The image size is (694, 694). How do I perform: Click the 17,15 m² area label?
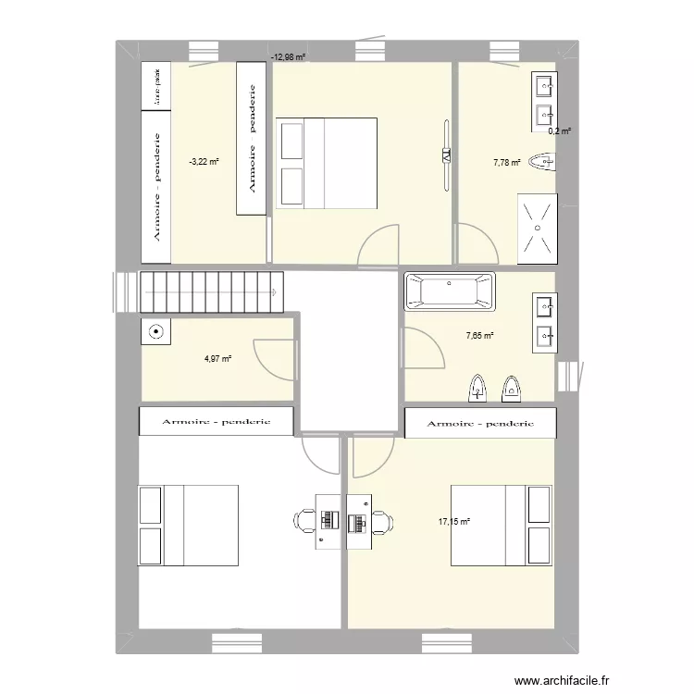pyautogui.click(x=454, y=522)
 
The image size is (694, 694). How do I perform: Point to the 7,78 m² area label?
pyautogui.click(x=507, y=162)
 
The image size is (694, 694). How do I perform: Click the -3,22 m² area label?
pyautogui.click(x=204, y=162)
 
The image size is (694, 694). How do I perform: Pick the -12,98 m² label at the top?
pyautogui.click(x=288, y=57)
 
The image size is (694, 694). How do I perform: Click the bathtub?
pyautogui.click(x=449, y=291)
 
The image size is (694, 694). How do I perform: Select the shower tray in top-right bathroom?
pyautogui.click(x=537, y=228)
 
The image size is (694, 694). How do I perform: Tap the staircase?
pyautogui.click(x=210, y=291)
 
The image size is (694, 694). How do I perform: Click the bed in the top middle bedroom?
pyautogui.click(x=327, y=163)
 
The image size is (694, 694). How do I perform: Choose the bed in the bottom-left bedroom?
pyautogui.click(x=189, y=525)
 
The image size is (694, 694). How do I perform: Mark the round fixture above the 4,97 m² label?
pyautogui.click(x=155, y=330)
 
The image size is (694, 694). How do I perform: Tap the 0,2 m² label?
pyautogui.click(x=559, y=131)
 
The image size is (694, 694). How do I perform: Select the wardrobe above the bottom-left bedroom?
pyautogui.click(x=217, y=421)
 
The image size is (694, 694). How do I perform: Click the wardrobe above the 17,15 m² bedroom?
pyautogui.click(x=481, y=423)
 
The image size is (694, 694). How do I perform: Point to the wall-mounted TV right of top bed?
pyautogui.click(x=446, y=155)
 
